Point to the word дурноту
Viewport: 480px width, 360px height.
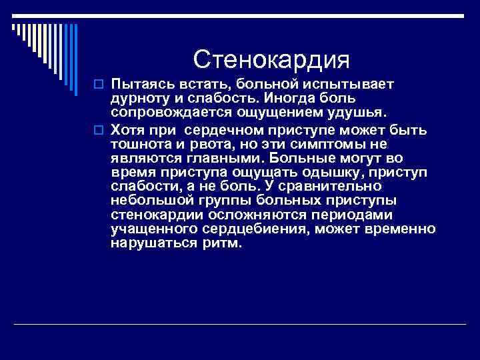point(140,98)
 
